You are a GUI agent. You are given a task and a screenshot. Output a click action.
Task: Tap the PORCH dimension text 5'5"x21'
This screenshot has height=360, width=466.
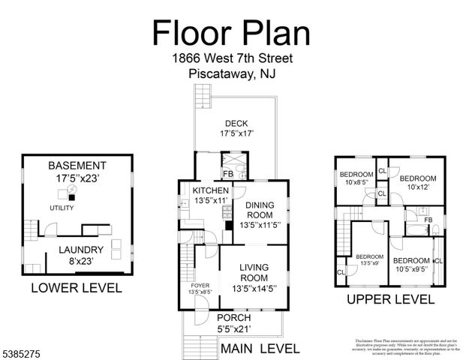coord(234,327)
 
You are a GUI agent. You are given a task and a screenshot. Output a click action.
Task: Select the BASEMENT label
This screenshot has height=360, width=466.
coord(77,166)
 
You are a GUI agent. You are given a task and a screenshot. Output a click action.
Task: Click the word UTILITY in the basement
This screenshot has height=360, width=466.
coord(62,208)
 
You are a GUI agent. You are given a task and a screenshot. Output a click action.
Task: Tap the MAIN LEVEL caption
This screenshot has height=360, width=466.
coord(260,349)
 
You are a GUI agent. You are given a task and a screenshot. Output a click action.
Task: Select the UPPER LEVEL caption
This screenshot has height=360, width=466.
coord(390,299)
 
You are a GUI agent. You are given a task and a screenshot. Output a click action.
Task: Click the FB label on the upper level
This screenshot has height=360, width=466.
coord(428,220)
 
